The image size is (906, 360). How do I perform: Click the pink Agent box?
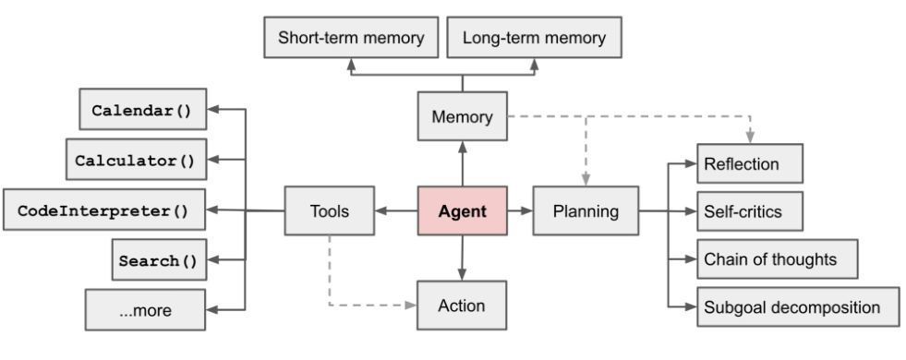pos(463,211)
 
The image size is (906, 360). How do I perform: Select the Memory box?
pos(463,117)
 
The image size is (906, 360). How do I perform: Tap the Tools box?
pos(329,211)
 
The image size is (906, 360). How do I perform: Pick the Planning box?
pos(586,211)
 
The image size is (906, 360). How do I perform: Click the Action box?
pos(463,306)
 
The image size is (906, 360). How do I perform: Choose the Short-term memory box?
pos(350,39)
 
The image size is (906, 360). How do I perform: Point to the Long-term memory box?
pos(534,39)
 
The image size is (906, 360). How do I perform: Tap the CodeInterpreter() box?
pos(103,210)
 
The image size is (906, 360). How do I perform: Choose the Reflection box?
pos(750,164)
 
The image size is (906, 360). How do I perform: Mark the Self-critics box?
pos(750,212)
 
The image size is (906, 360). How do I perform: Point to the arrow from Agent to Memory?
pos(463,164)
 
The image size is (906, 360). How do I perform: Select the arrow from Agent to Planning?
pos(521,211)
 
